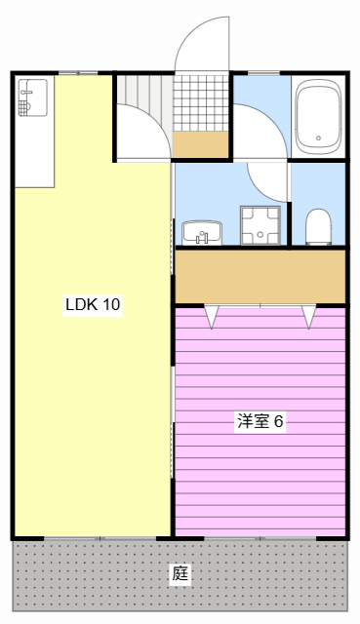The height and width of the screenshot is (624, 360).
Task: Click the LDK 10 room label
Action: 93,304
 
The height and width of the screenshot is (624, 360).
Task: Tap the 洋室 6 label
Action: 260,420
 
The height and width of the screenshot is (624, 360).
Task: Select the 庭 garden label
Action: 180,573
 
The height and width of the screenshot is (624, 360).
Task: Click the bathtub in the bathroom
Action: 319,117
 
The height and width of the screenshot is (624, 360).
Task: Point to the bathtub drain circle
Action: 319,138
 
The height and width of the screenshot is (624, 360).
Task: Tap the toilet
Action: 319,227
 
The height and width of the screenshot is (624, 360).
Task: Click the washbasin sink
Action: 202,233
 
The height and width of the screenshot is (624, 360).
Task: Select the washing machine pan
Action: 260,225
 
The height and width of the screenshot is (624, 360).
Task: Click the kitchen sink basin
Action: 32,97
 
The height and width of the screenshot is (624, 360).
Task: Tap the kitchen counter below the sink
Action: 35,151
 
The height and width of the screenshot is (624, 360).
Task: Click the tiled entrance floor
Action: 201,103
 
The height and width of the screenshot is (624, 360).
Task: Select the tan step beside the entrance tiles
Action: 201,144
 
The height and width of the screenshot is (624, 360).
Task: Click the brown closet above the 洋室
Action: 260,276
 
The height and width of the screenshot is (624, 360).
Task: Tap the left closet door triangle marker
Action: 212,317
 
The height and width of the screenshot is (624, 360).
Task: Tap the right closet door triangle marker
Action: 309,317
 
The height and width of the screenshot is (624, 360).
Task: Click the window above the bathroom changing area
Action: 263,73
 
